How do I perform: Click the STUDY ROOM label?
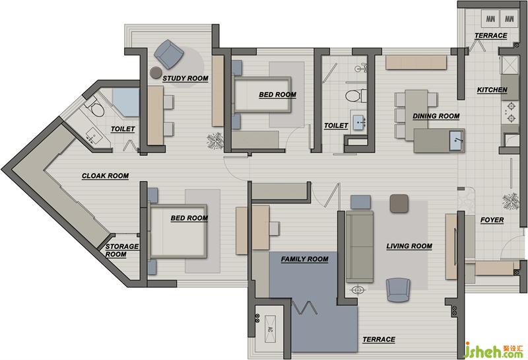click(x=185, y=79)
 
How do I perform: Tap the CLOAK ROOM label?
click(x=106, y=176)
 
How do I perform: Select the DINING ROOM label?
click(x=436, y=116)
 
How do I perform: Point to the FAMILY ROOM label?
click(x=305, y=259)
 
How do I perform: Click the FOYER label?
click(x=492, y=220)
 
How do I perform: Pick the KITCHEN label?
click(x=492, y=90)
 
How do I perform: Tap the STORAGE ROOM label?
click(x=121, y=250)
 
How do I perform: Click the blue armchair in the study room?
click(x=169, y=54)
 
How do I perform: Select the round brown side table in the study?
click(x=156, y=72)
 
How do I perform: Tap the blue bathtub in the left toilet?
click(x=126, y=102)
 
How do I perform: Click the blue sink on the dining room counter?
click(x=457, y=140)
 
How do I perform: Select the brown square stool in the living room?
click(x=399, y=203)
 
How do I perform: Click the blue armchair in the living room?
click(x=398, y=290)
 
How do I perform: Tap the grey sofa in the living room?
click(x=360, y=247)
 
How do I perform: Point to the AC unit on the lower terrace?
click(x=270, y=330)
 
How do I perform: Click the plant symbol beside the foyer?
click(x=511, y=201)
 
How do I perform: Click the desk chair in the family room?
click(x=274, y=228)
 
